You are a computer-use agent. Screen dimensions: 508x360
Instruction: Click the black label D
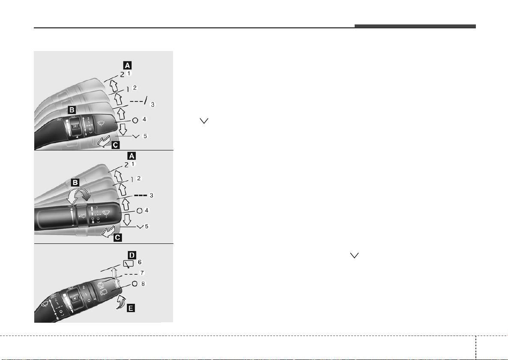point(132,255)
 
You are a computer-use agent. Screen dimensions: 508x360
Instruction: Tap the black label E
point(131,308)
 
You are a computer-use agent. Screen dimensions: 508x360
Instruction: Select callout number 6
point(140,262)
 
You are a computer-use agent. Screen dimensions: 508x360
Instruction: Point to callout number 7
point(142,273)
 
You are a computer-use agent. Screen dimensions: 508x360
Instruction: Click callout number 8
point(143,284)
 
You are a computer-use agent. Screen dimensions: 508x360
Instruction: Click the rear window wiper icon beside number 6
point(128,264)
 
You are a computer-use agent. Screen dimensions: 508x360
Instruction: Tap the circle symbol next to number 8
point(134,284)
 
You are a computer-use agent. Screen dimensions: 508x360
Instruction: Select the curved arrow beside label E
point(120,302)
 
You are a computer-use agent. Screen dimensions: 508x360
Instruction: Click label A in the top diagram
point(127,65)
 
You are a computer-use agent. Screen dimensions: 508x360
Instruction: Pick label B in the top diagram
point(72,110)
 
